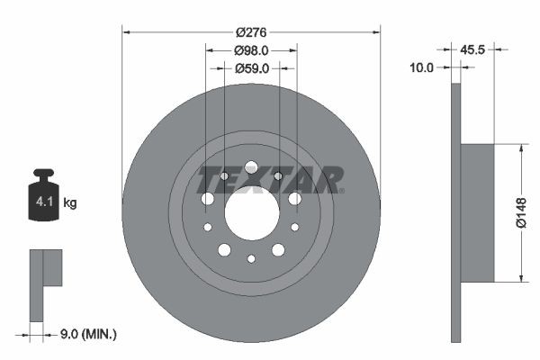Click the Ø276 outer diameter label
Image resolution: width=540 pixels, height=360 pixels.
[251, 32]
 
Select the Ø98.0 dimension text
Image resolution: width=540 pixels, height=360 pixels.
[251, 50]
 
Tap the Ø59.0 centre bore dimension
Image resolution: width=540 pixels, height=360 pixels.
[251, 68]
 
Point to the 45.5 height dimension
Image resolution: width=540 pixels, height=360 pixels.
[473, 50]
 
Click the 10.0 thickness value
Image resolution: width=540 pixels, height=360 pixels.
[422, 67]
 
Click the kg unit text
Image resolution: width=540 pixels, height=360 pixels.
[70, 203]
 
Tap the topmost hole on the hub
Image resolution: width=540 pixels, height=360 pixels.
[251, 167]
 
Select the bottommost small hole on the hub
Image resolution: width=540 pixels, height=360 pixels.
[251, 259]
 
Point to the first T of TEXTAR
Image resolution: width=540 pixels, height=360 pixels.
[210, 180]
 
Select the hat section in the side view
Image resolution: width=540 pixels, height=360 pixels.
[477, 212]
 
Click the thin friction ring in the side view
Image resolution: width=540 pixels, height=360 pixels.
[455, 212]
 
